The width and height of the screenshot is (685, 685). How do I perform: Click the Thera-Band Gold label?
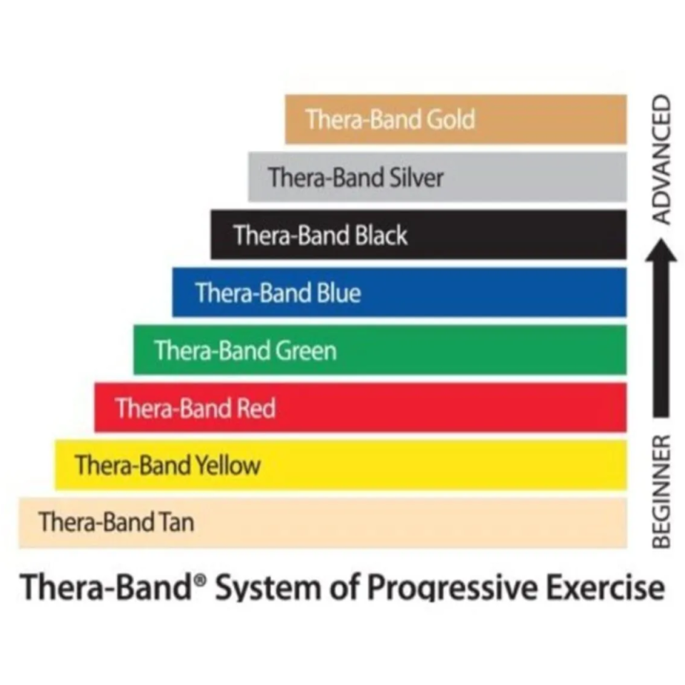(390, 119)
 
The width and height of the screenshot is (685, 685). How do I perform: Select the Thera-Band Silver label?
(355, 177)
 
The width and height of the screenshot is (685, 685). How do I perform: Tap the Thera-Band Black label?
(320, 235)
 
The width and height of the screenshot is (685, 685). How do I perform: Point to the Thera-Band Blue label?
(278, 293)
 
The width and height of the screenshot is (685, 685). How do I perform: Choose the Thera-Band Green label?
(245, 351)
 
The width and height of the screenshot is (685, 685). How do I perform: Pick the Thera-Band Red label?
(195, 409)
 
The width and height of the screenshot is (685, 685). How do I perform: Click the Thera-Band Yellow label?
(168, 466)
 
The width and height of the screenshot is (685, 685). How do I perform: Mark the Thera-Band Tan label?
(116, 523)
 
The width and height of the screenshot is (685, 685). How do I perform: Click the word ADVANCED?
(663, 159)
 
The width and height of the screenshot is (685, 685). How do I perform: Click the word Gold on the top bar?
(450, 119)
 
